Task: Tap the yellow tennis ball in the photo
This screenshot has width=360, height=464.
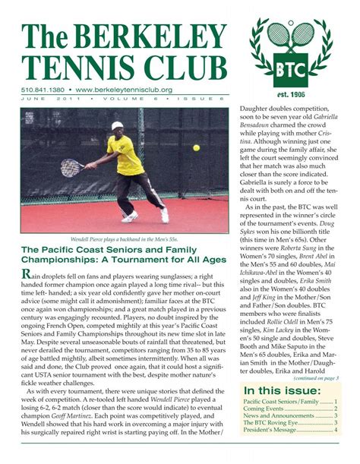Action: pyautogui.click(x=196, y=147)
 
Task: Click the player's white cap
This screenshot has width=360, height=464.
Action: pyautogui.click(x=116, y=126)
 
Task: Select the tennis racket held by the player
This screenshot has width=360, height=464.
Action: pyautogui.click(x=74, y=167)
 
